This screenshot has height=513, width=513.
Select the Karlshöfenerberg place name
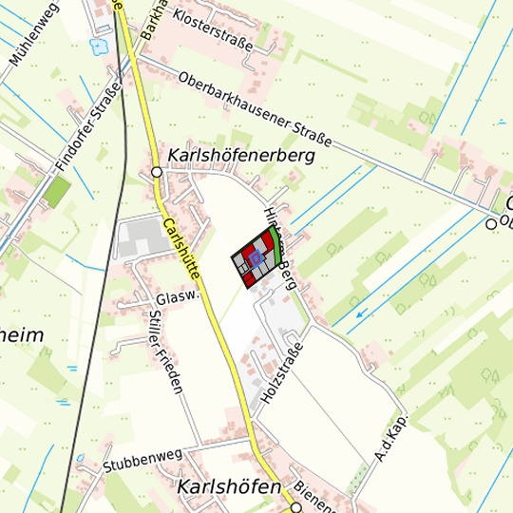pyautogui.click(x=240, y=155)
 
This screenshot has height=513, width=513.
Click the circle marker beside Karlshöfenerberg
pyautogui.click(x=157, y=172)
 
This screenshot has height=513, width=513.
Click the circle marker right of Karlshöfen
pyautogui.click(x=296, y=507)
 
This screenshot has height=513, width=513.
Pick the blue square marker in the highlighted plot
pyautogui.click(x=255, y=258)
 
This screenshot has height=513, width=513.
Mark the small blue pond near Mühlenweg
pyautogui.click(x=97, y=45)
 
